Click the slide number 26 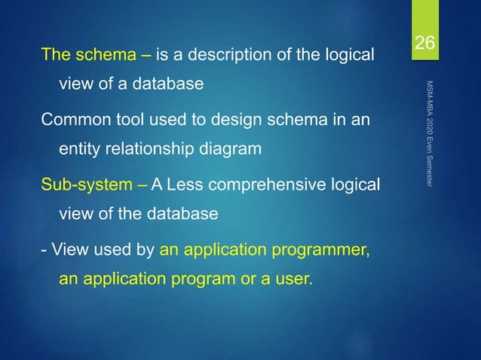[x=426, y=44]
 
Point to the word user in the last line [x=293, y=279]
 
